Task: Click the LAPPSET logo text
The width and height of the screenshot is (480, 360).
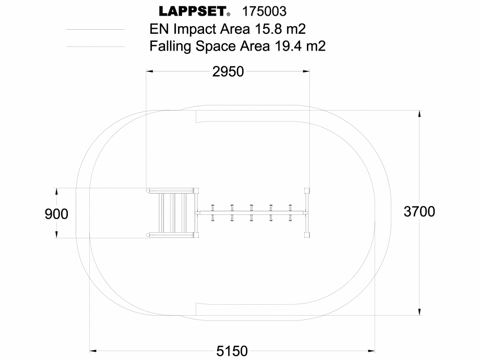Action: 191,11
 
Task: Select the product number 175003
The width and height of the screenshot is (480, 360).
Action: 265,11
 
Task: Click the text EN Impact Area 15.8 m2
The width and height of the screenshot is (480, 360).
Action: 227,28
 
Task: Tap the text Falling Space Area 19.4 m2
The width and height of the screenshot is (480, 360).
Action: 237,46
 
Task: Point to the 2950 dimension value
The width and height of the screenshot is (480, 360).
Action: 228,71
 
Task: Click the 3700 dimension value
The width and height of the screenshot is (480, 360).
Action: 419,211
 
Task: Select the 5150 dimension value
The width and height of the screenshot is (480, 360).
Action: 232,351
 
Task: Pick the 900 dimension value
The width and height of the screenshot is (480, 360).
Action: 56,213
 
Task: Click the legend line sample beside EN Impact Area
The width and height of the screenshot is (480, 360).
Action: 95,29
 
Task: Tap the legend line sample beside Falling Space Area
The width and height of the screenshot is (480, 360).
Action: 95,47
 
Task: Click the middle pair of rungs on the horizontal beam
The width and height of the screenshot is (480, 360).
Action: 251,212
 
